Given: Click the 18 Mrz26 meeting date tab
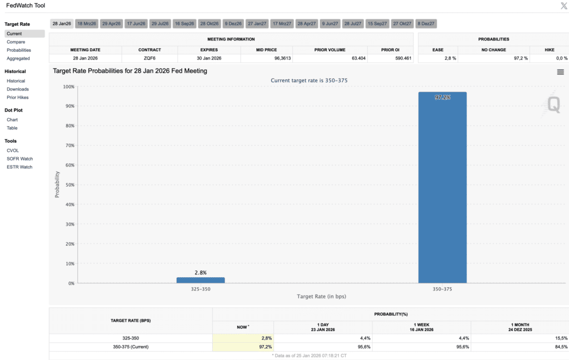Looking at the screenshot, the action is pos(87,23).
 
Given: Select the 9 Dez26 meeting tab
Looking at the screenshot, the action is pos(233,23).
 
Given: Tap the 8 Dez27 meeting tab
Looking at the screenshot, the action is pos(426,23).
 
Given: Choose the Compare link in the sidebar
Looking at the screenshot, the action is pos(16,42).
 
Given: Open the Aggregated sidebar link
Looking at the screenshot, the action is pos(18,58).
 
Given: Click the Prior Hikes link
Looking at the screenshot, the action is pos(17,97).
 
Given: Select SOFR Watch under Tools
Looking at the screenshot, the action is pos(19,158).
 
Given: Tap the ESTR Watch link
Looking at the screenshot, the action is pos(19,167).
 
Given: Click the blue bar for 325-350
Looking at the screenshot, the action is pos(201,280).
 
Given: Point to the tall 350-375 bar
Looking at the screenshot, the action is pos(442,187).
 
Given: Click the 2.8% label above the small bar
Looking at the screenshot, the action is pos(201,273).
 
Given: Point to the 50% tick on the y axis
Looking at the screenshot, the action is pos(69,184).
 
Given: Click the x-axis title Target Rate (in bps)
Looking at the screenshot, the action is pos(322,297).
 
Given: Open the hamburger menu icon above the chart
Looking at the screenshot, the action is pos(560,72).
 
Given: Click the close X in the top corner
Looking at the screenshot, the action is pos(564,6).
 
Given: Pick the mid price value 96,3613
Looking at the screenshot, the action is pos(283,58).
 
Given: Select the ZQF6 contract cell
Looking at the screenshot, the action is pos(149,58).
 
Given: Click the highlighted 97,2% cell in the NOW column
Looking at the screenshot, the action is pos(243,347).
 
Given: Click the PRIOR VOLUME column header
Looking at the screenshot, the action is pos(330,49).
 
